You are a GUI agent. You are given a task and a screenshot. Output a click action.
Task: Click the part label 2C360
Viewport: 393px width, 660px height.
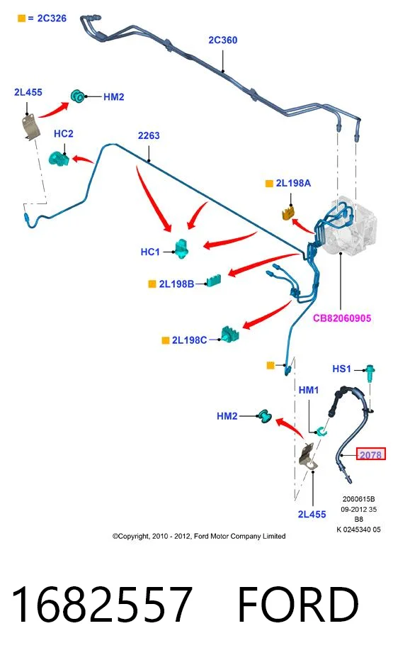pos(223,40)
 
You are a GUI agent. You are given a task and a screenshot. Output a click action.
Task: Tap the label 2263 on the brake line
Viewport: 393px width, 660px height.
pos(149,135)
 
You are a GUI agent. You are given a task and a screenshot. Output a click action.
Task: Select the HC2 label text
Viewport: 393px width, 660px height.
pos(64,133)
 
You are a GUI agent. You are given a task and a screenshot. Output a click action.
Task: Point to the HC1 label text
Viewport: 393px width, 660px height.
pos(150,252)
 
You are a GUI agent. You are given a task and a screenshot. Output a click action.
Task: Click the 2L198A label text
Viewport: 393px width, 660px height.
pos(293,183)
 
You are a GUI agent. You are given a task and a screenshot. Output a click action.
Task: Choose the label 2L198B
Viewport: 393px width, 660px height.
pos(176,284)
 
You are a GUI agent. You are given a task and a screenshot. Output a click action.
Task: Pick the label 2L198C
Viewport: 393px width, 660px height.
pos(190,340)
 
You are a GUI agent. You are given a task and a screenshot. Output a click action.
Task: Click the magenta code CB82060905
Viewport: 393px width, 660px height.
pos(342,318)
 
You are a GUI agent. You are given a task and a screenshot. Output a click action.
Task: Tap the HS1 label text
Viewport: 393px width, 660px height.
pos(341,369)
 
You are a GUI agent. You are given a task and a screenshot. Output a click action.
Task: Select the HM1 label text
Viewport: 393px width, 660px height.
pos(309,390)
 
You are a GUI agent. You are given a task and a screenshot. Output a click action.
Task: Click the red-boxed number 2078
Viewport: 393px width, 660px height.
pos(371,454)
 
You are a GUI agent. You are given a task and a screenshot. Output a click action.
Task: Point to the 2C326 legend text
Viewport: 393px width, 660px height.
pos(52,18)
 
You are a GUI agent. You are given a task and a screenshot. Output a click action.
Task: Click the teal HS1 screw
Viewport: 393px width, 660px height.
pos(370,374)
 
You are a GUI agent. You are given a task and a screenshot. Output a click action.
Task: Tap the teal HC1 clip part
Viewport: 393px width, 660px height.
pos(182,248)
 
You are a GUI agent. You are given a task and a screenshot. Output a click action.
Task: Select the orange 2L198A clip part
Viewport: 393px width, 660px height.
pos(287,213)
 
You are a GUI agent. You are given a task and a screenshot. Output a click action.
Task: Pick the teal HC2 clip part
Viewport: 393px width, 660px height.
pos(59,158)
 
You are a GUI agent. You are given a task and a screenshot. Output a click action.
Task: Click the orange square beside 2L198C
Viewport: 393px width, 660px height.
pos(166,340)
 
